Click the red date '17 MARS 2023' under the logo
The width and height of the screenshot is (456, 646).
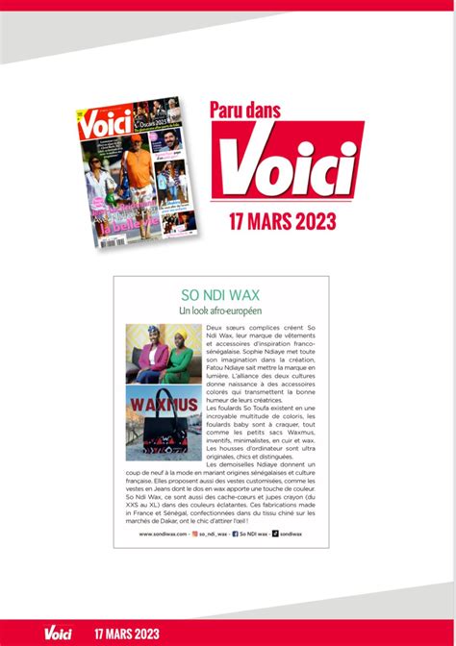(283, 221)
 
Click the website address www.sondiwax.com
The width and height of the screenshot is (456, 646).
(161, 533)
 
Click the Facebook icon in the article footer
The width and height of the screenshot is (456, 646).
(236, 533)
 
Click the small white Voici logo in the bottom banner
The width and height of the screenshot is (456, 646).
(56, 633)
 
